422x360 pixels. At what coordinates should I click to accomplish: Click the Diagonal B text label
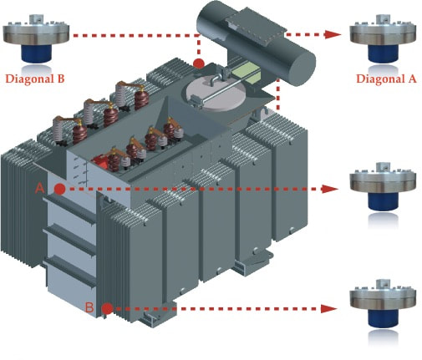(35, 79)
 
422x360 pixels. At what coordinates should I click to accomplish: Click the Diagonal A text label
(386, 79)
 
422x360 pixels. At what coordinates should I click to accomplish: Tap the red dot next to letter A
(59, 189)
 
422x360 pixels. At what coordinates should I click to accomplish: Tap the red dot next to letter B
(107, 309)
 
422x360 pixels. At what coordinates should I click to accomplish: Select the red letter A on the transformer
(40, 188)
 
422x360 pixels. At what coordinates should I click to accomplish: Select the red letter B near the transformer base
(89, 307)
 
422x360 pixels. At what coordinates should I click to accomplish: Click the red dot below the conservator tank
(199, 63)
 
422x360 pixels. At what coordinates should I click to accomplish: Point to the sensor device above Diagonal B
(36, 38)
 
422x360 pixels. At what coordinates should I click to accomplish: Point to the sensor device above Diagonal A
(383, 38)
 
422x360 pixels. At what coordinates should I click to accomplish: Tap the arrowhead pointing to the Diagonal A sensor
(333, 34)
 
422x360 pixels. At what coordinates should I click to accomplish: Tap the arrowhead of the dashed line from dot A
(330, 189)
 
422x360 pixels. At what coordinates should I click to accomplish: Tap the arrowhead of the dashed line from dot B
(329, 308)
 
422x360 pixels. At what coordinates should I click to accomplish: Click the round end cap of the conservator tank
(302, 68)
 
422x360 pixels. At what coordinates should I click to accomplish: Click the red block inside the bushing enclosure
(99, 162)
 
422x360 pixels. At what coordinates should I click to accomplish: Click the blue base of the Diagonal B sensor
(37, 53)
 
